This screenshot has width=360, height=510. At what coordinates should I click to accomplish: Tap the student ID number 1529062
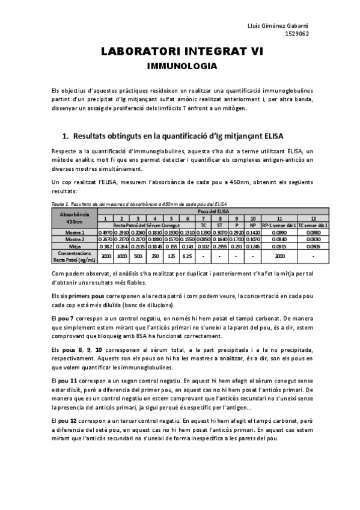297,34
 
